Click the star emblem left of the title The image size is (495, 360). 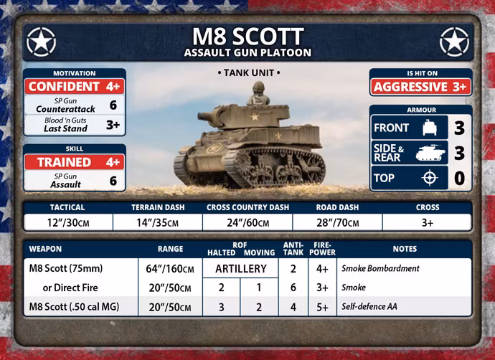[42, 42]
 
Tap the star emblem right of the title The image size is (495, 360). [454, 42]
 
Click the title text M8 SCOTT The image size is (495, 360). [248, 37]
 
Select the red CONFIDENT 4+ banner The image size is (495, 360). [75, 86]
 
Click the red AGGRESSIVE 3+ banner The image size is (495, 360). [421, 87]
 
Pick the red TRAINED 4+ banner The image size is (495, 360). [75, 162]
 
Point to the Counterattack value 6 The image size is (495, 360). [113, 105]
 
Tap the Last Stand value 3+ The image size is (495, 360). [113, 125]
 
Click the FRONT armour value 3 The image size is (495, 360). [460, 128]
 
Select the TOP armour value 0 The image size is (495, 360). [460, 179]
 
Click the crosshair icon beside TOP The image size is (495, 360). [430, 178]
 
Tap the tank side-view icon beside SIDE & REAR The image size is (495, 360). [430, 153]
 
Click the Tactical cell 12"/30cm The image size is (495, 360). [68, 223]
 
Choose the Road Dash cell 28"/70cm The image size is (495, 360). [337, 223]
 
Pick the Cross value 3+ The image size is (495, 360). [428, 223]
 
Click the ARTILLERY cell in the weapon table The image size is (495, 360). [241, 268]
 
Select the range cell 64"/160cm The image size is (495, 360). [170, 269]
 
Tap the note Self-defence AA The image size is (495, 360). [369, 306]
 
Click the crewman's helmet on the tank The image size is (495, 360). [258, 87]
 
